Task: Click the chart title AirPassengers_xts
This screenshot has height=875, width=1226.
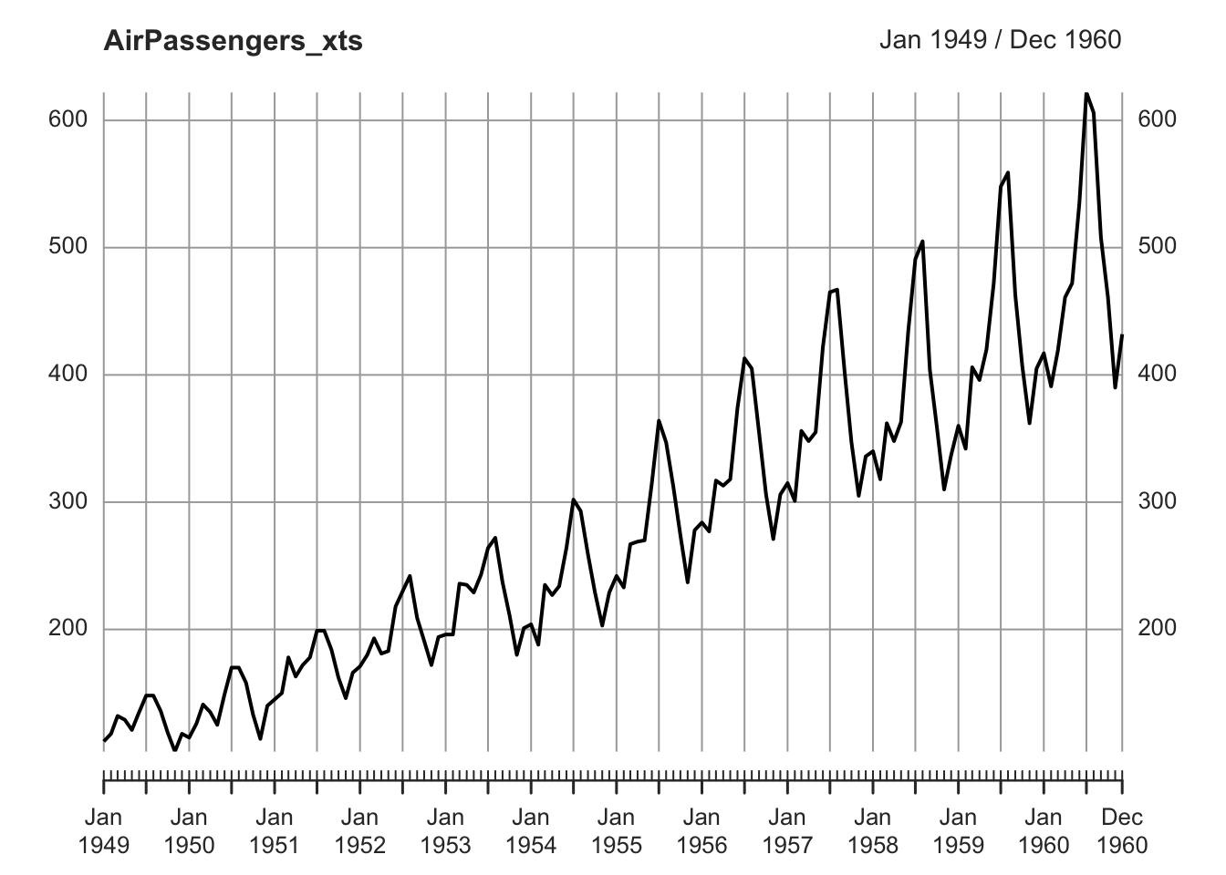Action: tap(233, 41)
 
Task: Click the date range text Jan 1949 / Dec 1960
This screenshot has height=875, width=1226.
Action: tap(1000, 40)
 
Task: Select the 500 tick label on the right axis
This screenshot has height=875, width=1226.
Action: tap(1157, 247)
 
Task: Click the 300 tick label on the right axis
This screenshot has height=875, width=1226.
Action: tap(1157, 502)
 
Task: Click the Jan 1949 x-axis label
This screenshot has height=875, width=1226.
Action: tap(104, 830)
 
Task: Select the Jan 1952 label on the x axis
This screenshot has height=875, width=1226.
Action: tap(360, 830)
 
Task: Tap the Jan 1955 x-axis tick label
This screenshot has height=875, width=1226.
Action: tap(617, 830)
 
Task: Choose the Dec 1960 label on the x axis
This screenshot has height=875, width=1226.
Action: tap(1122, 830)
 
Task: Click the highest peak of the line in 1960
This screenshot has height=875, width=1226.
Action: tap(1086, 93)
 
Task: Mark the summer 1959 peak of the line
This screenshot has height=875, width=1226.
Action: tap(1008, 172)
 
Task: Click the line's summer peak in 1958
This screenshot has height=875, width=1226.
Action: tap(922, 242)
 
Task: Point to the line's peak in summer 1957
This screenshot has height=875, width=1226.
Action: tap(837, 290)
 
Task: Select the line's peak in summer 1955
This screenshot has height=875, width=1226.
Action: tap(659, 420)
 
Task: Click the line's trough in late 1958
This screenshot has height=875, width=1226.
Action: tap(944, 489)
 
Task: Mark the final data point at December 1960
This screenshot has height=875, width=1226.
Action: tap(1122, 335)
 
